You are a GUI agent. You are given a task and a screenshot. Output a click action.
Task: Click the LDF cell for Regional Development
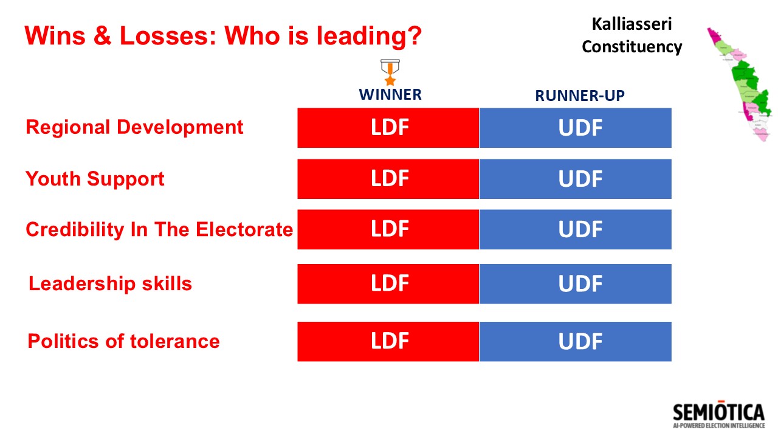(x=388, y=128)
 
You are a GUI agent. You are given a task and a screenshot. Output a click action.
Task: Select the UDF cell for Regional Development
(x=576, y=128)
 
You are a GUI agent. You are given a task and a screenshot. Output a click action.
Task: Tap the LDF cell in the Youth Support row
(x=388, y=179)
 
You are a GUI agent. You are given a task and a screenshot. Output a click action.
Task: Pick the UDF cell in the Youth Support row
(x=576, y=179)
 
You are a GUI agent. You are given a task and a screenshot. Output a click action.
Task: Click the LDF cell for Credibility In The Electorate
(x=388, y=229)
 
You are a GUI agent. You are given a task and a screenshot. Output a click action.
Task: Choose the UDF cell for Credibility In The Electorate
(x=576, y=229)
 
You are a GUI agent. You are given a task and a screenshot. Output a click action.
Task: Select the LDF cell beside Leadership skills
(x=388, y=283)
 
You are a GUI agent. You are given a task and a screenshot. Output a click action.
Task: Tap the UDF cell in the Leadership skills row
(x=576, y=283)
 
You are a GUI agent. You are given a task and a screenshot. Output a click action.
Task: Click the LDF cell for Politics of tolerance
(x=388, y=341)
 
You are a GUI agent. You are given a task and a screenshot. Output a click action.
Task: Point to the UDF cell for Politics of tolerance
(x=576, y=341)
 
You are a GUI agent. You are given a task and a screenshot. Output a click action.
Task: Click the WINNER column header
(x=390, y=94)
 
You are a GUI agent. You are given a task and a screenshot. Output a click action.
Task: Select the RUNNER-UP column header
(x=580, y=96)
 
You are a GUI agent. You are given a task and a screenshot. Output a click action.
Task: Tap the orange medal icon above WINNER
(x=390, y=72)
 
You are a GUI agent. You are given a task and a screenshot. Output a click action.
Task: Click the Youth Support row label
(x=95, y=179)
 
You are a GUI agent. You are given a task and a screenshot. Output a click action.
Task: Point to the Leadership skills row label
(x=110, y=283)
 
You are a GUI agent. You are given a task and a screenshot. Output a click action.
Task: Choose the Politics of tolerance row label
(x=123, y=341)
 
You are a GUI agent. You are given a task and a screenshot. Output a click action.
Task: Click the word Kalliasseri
(x=632, y=24)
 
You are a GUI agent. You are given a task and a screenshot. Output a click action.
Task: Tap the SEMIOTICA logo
(x=719, y=414)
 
